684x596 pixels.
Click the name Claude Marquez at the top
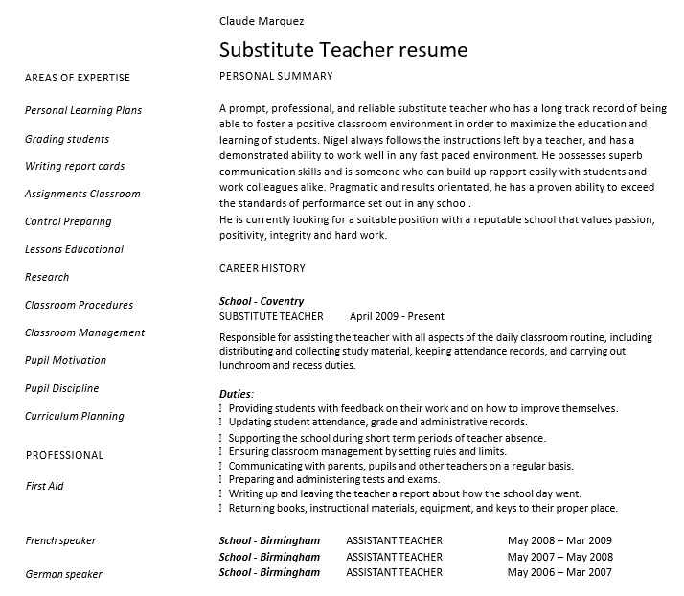[262, 20]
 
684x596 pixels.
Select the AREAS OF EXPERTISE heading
[78, 78]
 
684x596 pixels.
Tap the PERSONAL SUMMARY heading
[276, 76]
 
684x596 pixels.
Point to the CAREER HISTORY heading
[262, 268]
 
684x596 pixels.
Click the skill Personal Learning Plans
[83, 110]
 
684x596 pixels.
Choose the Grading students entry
[67, 139]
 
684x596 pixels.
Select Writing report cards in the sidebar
[75, 166]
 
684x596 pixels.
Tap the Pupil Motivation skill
[65, 360]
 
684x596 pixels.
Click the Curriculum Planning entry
[75, 416]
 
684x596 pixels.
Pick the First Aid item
[44, 486]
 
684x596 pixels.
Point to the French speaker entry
[60, 540]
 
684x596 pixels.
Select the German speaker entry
[63, 574]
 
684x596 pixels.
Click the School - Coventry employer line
[262, 301]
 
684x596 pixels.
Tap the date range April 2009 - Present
[397, 316]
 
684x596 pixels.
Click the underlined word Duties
[236, 393]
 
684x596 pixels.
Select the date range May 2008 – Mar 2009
[559, 540]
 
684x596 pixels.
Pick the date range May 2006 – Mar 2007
[559, 572]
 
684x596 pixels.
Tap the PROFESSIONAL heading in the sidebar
[64, 455]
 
